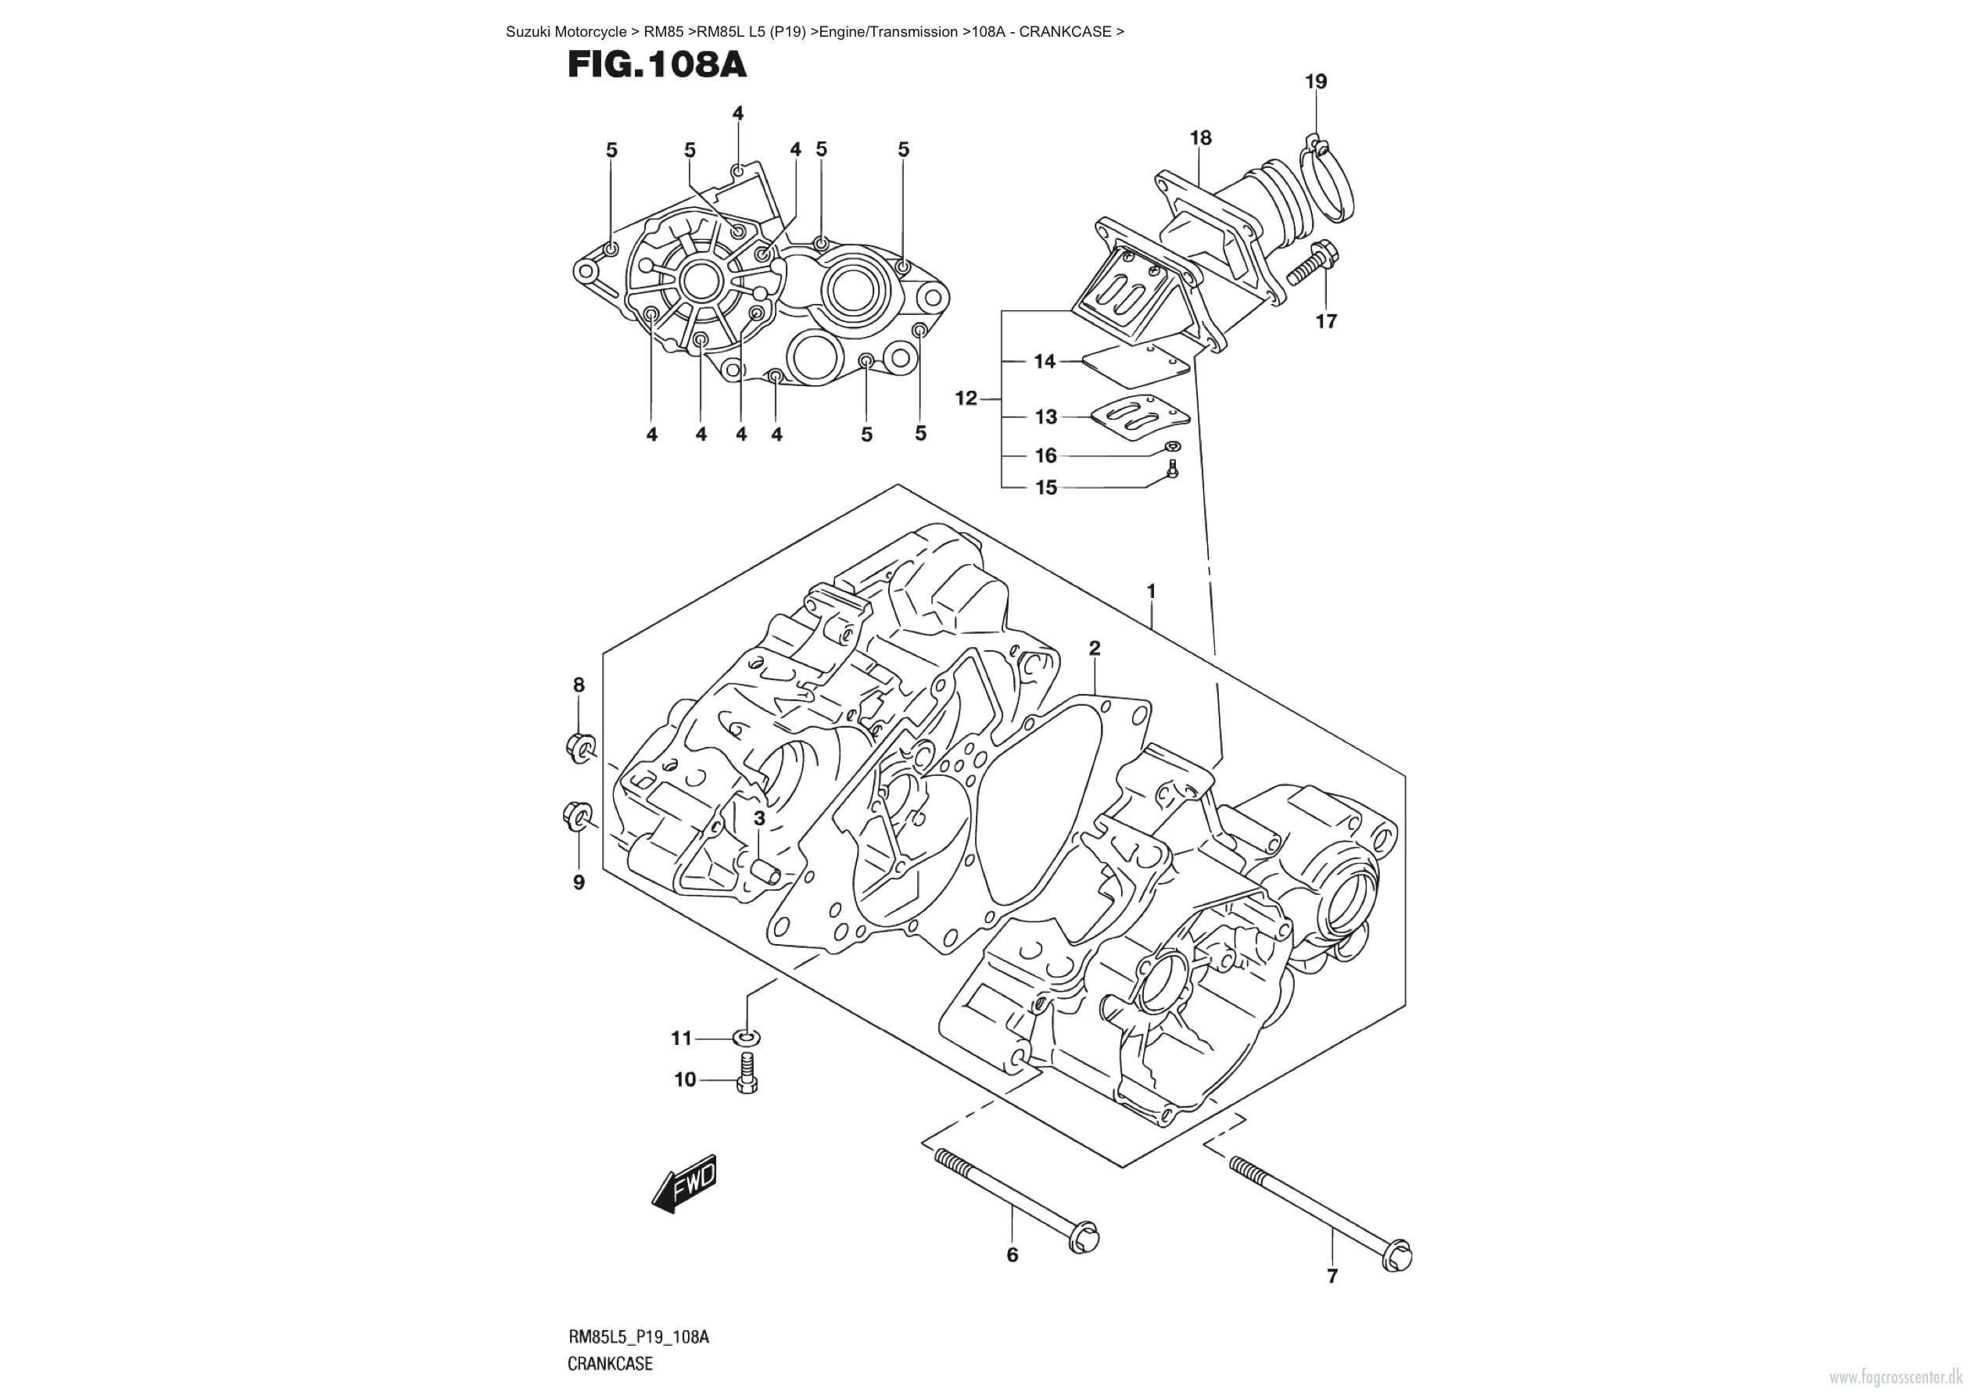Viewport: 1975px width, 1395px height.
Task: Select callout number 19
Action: [x=1315, y=82]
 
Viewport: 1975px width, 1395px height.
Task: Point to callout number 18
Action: [x=1200, y=138]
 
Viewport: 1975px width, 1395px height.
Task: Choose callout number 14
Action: [x=1045, y=361]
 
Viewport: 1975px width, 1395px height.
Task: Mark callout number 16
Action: [x=1045, y=455]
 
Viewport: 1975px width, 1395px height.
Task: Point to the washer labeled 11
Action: [x=747, y=1038]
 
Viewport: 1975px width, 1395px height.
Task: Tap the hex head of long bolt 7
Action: [x=1398, y=1256]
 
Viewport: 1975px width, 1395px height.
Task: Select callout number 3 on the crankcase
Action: [x=758, y=818]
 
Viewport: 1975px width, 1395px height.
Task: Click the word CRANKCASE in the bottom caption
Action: [x=610, y=1363]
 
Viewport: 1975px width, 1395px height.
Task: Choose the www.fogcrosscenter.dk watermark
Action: [x=1899, y=1377]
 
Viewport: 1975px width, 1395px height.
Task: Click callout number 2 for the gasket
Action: [x=1094, y=649]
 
